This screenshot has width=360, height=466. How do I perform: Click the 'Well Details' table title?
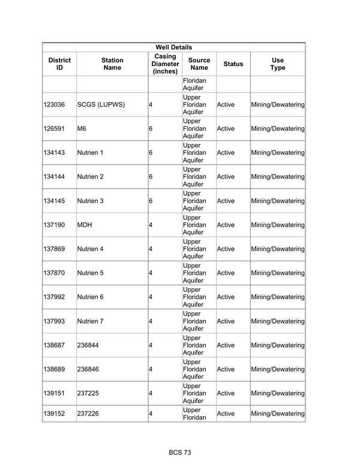coord(173,47)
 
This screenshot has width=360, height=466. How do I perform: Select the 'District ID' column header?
coord(59,64)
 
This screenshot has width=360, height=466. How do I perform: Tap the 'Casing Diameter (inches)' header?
coord(165,64)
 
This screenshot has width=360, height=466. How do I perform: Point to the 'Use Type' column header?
coord(278,64)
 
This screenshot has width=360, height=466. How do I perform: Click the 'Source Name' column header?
coord(199,64)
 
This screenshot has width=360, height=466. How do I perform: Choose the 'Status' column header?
coord(233,64)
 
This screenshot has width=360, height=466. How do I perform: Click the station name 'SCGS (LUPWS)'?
coord(101,104)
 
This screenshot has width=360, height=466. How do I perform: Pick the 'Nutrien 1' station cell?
coord(91,153)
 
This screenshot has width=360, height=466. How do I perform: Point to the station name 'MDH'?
coord(85,225)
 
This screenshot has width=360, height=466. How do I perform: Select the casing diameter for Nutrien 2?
coord(151,177)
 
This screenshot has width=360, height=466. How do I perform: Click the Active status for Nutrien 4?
coord(226,249)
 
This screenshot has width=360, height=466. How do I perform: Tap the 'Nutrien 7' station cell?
coord(91,321)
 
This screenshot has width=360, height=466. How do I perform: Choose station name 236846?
coord(89,369)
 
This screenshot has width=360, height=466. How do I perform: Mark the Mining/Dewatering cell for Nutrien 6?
coord(278,297)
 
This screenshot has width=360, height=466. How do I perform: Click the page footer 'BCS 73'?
coord(180,452)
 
